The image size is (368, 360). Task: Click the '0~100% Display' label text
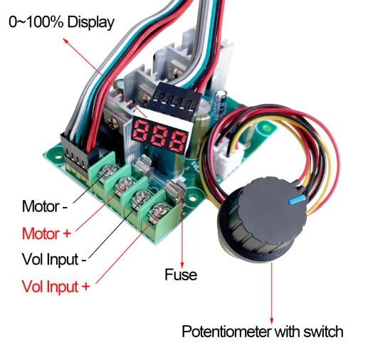[x=61, y=23]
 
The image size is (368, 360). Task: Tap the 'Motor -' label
[x=45, y=206]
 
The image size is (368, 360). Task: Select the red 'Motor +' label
[x=46, y=233]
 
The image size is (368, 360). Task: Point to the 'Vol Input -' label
[x=54, y=259]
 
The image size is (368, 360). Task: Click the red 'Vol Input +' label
[x=56, y=286]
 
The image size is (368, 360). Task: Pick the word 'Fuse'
[x=181, y=275]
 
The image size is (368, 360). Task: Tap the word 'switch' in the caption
[x=323, y=332]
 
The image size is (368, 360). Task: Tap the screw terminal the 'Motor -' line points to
[x=109, y=170]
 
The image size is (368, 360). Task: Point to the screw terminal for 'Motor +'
[x=125, y=183]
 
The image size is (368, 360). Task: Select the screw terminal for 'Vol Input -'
[x=142, y=196]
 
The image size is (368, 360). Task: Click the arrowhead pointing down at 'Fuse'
[x=182, y=265]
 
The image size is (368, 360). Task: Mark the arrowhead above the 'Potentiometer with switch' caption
[x=272, y=321]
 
